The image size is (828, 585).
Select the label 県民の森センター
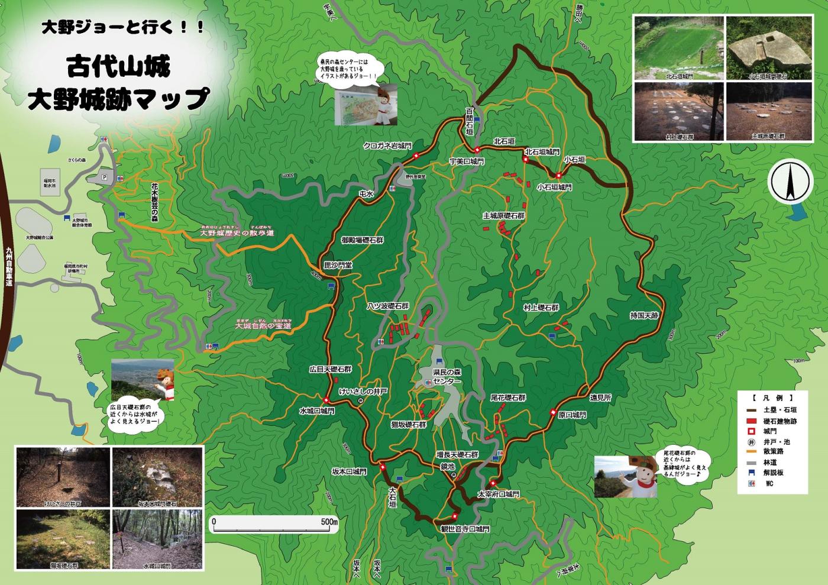[447, 377]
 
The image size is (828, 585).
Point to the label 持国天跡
[644, 316]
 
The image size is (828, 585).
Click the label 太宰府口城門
[498, 493]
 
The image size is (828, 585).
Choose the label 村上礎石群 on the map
[541, 308]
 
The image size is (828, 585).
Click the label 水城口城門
[317, 411]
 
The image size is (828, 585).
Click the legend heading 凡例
[773, 397]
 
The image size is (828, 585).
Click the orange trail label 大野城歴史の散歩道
[237, 233]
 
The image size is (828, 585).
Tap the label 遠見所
[600, 398]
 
